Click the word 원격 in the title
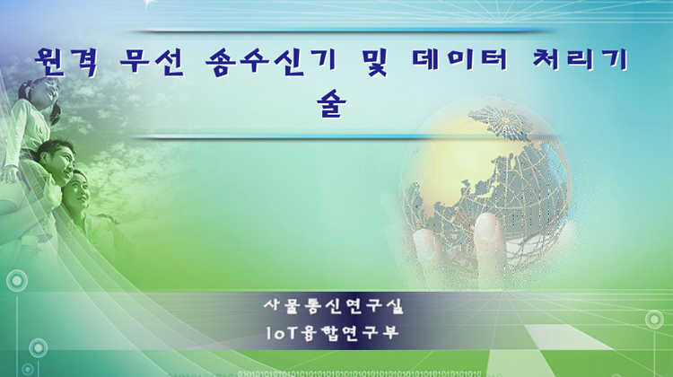pyautogui.click(x=66, y=62)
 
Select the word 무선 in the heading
pyautogui.click(x=152, y=62)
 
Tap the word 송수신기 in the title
pyautogui.click(x=270, y=62)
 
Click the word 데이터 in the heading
pyautogui.click(x=459, y=60)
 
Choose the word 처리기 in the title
pyautogui.click(x=581, y=60)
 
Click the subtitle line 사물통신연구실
pyautogui.click(x=334, y=306)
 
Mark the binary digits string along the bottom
pyautogui.click(x=360, y=373)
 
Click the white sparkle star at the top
pyautogui.click(x=148, y=4)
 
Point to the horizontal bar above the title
pyautogui.click(x=341, y=31)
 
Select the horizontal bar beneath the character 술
pyautogui.click(x=341, y=136)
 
